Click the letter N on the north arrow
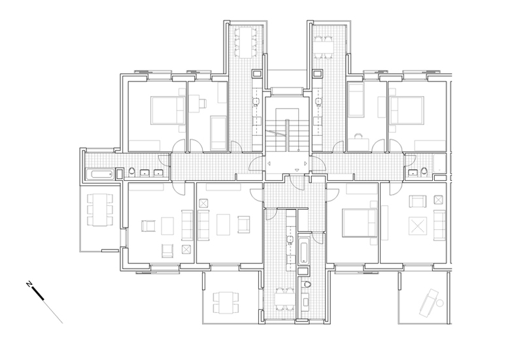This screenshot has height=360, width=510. pyautogui.click(x=29, y=284)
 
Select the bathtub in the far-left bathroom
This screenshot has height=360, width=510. pyautogui.click(x=100, y=174)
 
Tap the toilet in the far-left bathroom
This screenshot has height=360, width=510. pyautogui.click(x=131, y=172)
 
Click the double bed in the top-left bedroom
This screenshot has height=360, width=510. pyautogui.click(x=168, y=110)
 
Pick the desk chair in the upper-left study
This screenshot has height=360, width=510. pyautogui.click(x=203, y=103)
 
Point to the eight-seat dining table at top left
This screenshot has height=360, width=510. pyautogui.click(x=246, y=42)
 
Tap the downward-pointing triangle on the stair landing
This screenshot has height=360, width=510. pyautogui.click(x=297, y=170)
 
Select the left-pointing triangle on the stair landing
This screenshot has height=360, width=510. pyautogui.click(x=268, y=164)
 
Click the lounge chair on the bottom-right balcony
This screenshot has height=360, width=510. pyautogui.click(x=428, y=303)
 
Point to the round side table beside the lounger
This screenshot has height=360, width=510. pyautogui.click(x=440, y=303)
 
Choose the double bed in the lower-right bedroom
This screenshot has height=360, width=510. pyautogui.click(x=360, y=223)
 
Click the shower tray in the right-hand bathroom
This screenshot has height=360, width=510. pyautogui.click(x=440, y=163)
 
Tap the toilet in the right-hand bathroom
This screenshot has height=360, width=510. pyautogui.click(x=424, y=172)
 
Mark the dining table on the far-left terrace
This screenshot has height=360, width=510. pyautogui.click(x=99, y=210)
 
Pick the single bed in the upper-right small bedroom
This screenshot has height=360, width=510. pyautogui.click(x=356, y=100)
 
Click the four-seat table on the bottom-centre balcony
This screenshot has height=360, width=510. pyautogui.click(x=226, y=303)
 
